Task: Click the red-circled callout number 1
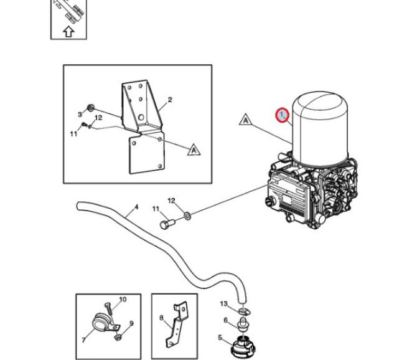pos(283,115)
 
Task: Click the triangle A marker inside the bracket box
pos(194,149)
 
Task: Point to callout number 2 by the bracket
pos(169,100)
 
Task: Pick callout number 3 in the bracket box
pos(80,115)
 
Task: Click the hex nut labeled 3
pos(92,110)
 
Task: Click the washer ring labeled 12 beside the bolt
pos(187,216)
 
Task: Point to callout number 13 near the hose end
pos(224,303)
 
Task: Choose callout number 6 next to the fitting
pos(225,320)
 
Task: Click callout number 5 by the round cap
pos(220,338)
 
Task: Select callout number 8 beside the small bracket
pos(162,318)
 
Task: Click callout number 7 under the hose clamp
pos(83,340)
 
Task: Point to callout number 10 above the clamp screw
pos(123,300)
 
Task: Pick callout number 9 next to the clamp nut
pos(131,324)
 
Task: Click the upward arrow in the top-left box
pos(68,31)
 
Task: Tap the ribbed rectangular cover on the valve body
pos(288,198)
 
